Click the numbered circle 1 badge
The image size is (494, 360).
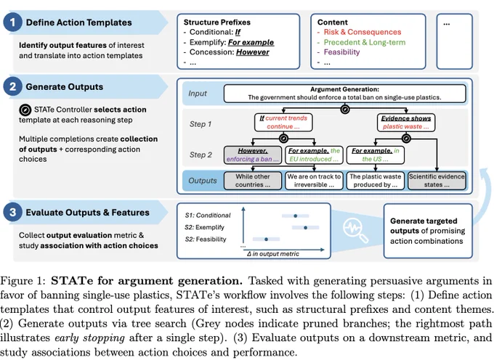(x=12, y=22)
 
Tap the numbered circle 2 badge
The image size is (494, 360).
(x=12, y=86)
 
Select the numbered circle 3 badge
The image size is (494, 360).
(x=12, y=212)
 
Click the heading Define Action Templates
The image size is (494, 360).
(x=78, y=22)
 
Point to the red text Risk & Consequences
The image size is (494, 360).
(x=363, y=32)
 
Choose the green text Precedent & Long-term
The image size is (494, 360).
(x=365, y=42)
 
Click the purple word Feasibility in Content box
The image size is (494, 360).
(x=341, y=52)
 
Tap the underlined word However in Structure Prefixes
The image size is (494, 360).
(x=253, y=52)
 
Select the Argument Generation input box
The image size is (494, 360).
(x=344, y=94)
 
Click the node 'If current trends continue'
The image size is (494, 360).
(x=283, y=123)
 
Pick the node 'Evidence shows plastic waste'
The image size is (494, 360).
(x=406, y=123)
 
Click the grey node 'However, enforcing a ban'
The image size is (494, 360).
(x=253, y=155)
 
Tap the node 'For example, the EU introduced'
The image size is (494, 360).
(x=314, y=155)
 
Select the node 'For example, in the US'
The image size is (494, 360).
(x=376, y=155)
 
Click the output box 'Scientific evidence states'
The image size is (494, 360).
(x=437, y=181)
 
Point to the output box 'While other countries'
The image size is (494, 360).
(x=253, y=181)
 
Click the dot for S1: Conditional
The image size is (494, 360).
(x=295, y=216)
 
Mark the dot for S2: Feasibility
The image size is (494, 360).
(x=266, y=240)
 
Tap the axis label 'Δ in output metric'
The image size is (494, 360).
(x=273, y=253)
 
